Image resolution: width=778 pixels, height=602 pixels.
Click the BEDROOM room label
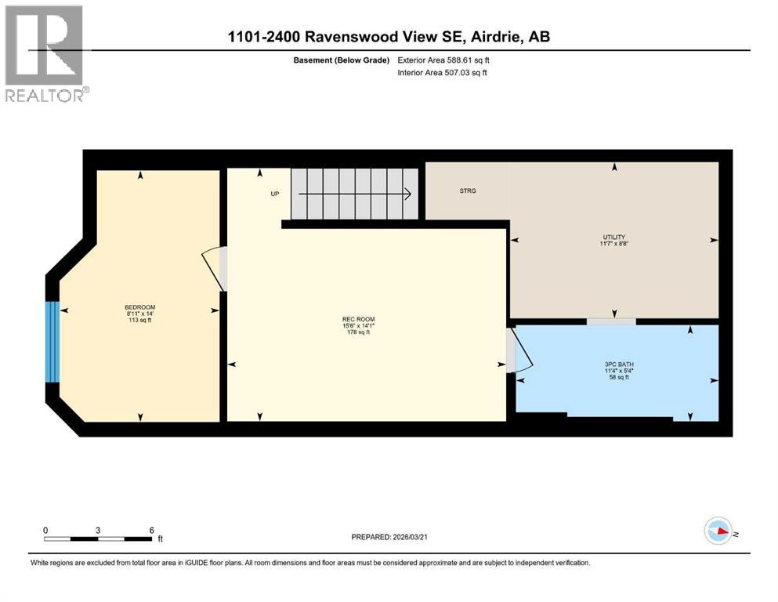tap(139, 306)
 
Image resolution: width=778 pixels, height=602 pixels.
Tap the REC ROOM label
tap(358, 319)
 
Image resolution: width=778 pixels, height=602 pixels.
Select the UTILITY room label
tap(614, 237)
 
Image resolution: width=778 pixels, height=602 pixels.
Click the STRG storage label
tap(468, 190)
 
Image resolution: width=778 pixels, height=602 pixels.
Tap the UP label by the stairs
tap(275, 194)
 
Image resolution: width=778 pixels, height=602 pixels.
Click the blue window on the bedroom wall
tap(52, 342)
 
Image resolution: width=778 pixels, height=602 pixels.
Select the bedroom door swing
tap(214, 267)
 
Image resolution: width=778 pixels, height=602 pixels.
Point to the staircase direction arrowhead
tap(410, 194)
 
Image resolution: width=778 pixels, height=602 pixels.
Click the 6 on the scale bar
tap(151, 530)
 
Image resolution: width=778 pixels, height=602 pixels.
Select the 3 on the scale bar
tap(98, 530)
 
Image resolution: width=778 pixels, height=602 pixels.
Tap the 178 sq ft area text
tap(358, 332)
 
